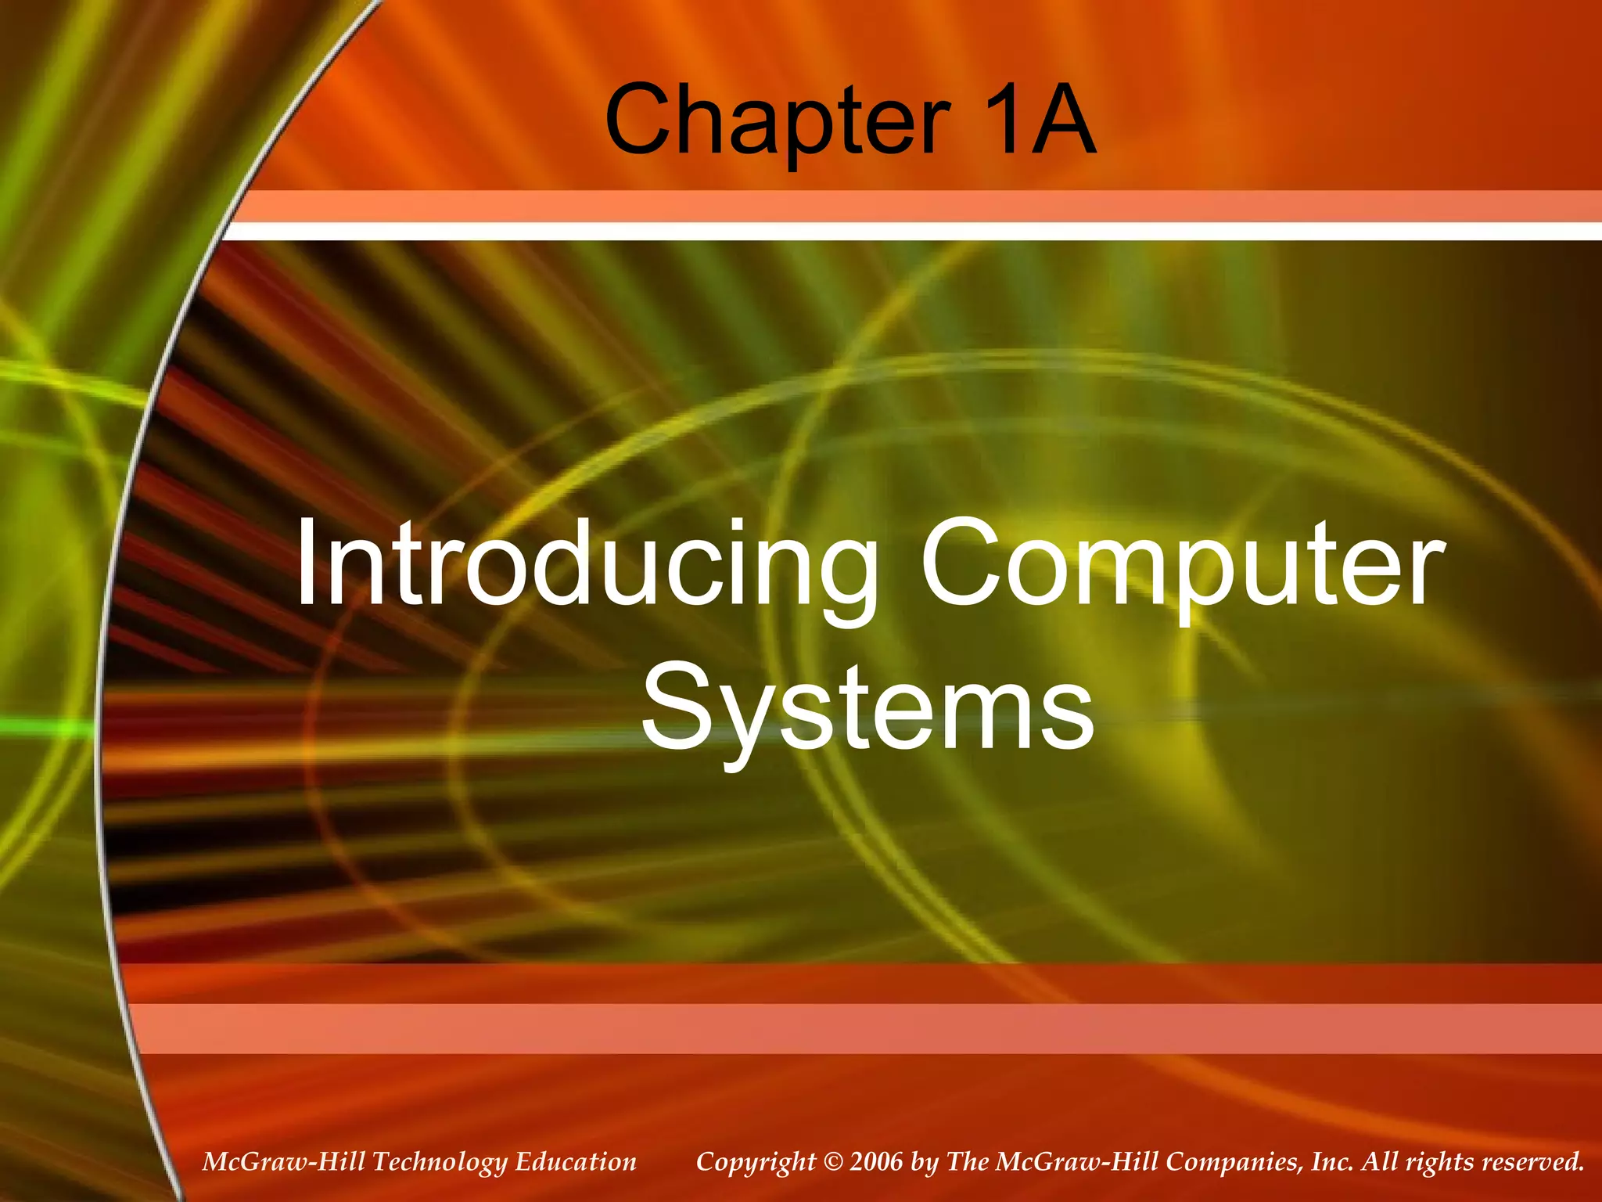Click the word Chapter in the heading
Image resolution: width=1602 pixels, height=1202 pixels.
click(x=777, y=121)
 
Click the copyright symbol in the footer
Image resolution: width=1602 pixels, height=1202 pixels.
click(x=832, y=1162)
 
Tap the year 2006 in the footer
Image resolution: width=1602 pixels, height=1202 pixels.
click(x=876, y=1162)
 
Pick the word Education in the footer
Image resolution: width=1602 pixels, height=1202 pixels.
click(x=576, y=1162)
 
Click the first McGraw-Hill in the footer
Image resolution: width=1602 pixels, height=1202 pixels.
click(x=283, y=1162)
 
